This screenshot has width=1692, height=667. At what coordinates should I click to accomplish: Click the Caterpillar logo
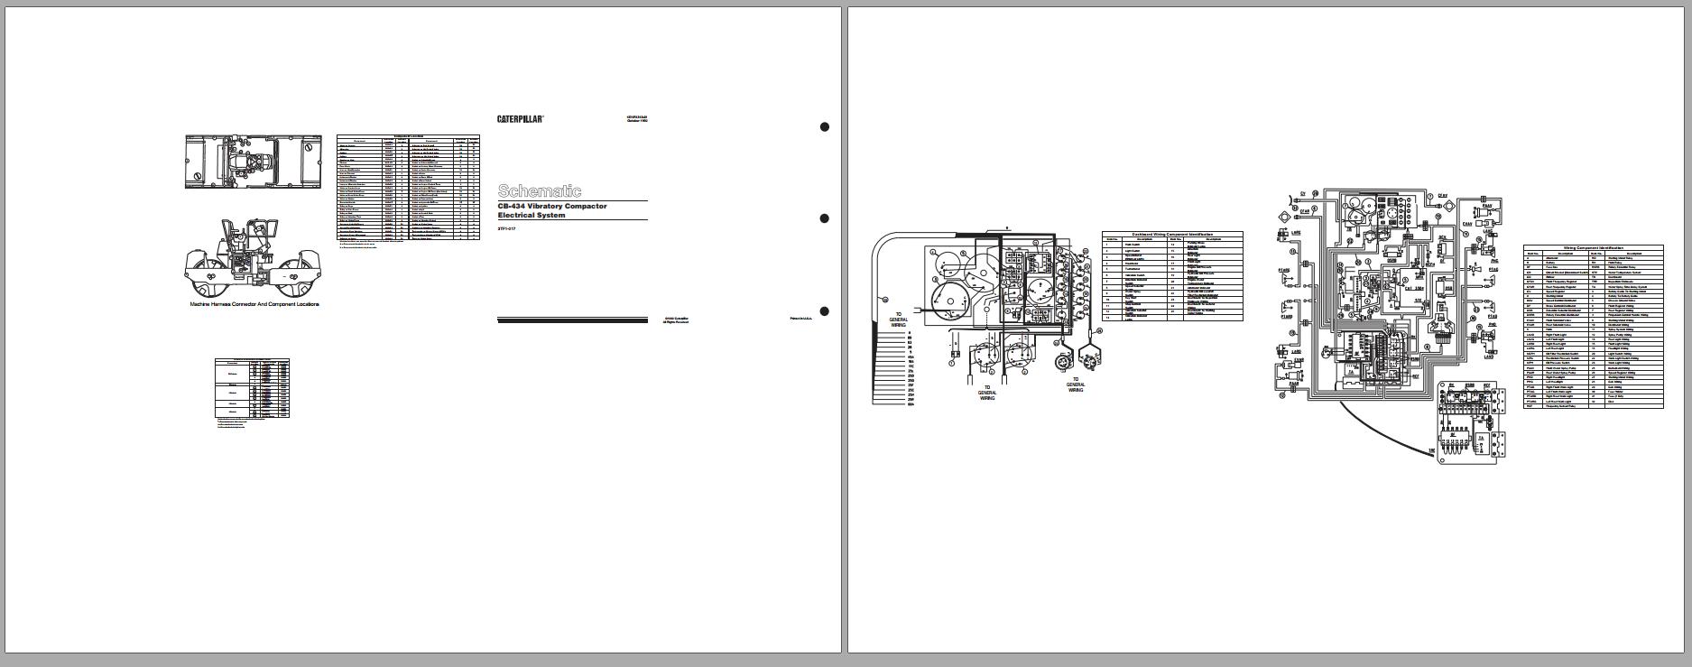[520, 119]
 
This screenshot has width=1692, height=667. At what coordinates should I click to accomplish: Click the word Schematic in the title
[540, 190]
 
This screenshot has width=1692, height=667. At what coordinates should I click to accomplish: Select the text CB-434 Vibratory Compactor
[552, 207]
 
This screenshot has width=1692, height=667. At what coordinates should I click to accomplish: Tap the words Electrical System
[532, 216]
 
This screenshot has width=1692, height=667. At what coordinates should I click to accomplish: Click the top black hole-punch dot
[824, 127]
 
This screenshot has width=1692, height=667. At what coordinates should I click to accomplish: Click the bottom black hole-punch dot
[824, 311]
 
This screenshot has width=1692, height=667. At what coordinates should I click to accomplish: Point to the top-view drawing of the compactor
[254, 162]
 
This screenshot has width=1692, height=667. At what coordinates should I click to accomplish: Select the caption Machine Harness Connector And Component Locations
[254, 304]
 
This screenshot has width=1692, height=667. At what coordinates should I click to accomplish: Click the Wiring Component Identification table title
[1593, 247]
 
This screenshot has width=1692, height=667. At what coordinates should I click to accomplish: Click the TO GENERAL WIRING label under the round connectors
[1075, 385]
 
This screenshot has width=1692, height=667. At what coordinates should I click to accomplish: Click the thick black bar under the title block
[572, 320]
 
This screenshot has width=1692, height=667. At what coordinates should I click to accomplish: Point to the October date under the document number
[637, 121]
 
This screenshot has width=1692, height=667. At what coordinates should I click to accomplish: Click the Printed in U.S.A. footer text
[800, 318]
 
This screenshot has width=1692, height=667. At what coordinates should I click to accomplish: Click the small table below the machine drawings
[252, 388]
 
